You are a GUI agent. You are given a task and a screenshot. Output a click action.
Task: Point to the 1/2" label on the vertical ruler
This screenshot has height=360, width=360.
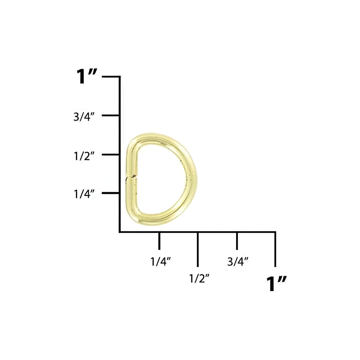point(84,156)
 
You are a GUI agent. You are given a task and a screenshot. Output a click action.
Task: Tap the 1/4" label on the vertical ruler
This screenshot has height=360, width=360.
point(84,194)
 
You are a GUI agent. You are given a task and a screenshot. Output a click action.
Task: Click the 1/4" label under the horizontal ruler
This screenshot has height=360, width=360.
point(161,262)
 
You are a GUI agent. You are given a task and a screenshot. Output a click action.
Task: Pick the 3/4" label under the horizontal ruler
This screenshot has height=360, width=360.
point(238,262)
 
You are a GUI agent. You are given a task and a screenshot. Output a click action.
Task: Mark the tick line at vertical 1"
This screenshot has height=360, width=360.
point(111,77)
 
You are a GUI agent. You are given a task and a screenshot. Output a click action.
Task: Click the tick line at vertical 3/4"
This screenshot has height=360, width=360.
point(111,115)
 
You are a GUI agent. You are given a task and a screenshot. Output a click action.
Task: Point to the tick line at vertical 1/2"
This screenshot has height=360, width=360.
point(111,154)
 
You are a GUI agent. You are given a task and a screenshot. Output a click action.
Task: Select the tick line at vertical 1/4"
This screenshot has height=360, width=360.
point(111,193)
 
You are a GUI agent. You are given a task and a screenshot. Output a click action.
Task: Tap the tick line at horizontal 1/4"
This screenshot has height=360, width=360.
point(160,241)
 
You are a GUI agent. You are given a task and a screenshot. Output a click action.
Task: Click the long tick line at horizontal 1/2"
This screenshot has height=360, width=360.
point(198,249)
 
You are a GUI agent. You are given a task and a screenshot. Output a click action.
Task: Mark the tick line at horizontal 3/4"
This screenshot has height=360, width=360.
point(237,241)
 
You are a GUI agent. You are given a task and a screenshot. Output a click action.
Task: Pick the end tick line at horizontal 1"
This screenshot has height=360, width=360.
point(275,249)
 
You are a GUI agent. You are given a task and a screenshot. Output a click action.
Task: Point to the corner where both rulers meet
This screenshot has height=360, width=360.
point(120,232)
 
